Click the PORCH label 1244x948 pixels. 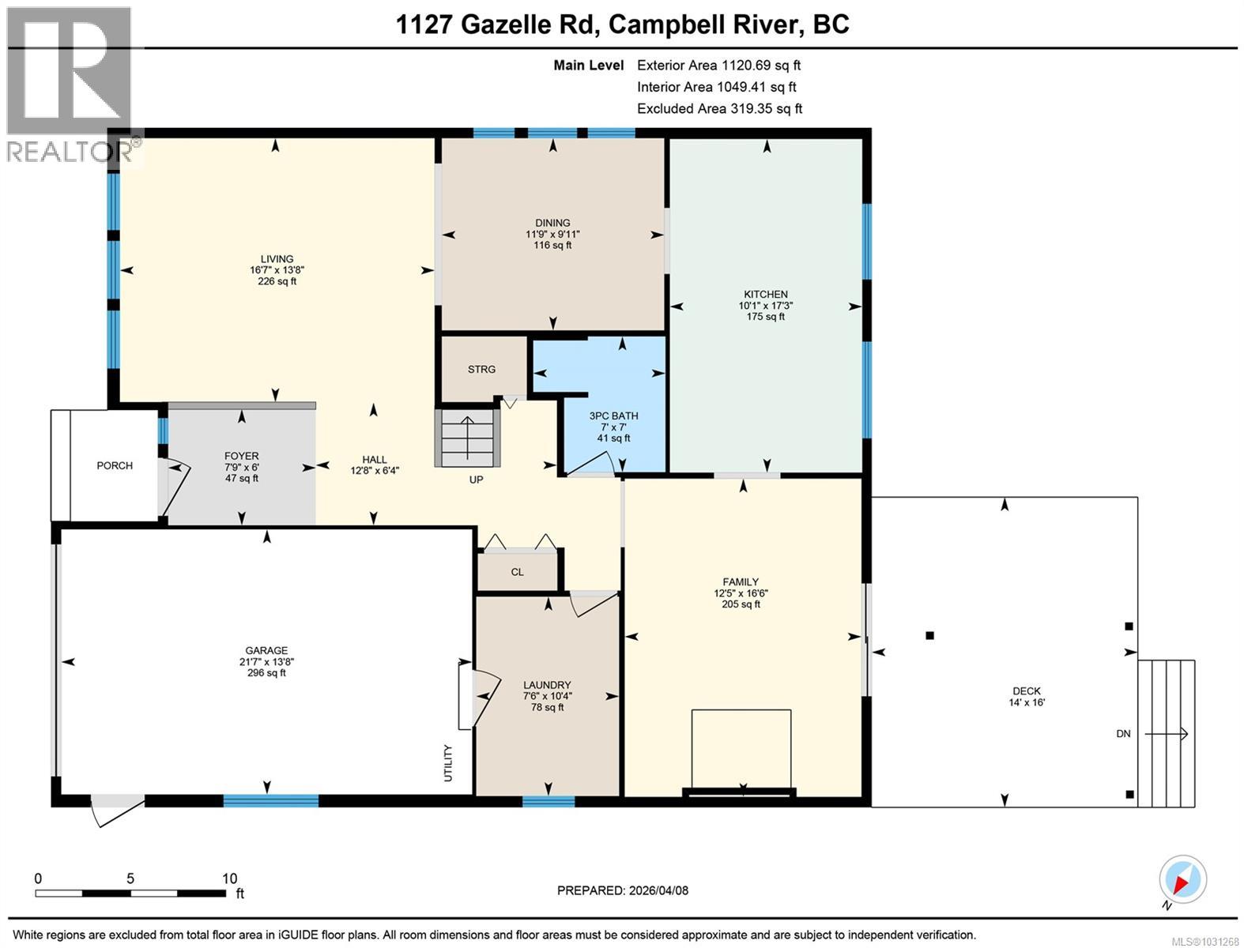(x=115, y=465)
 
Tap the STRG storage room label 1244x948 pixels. (x=481, y=369)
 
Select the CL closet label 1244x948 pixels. (x=517, y=572)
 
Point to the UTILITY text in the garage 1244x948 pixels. (x=448, y=763)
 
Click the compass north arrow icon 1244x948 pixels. (x=1183, y=879)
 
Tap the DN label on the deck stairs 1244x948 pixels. (x=1123, y=733)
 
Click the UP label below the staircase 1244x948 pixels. (x=476, y=480)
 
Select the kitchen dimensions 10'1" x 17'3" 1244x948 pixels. (x=765, y=305)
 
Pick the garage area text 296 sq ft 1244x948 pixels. (x=266, y=673)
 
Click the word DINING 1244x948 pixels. (x=552, y=223)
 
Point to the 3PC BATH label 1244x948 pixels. (x=613, y=416)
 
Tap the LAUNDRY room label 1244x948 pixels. (x=547, y=685)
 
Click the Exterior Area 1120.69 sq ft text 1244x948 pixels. (x=718, y=65)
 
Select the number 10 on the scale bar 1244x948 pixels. (x=229, y=878)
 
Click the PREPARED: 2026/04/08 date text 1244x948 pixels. (x=622, y=890)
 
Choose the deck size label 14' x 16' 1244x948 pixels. (x=1027, y=702)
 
